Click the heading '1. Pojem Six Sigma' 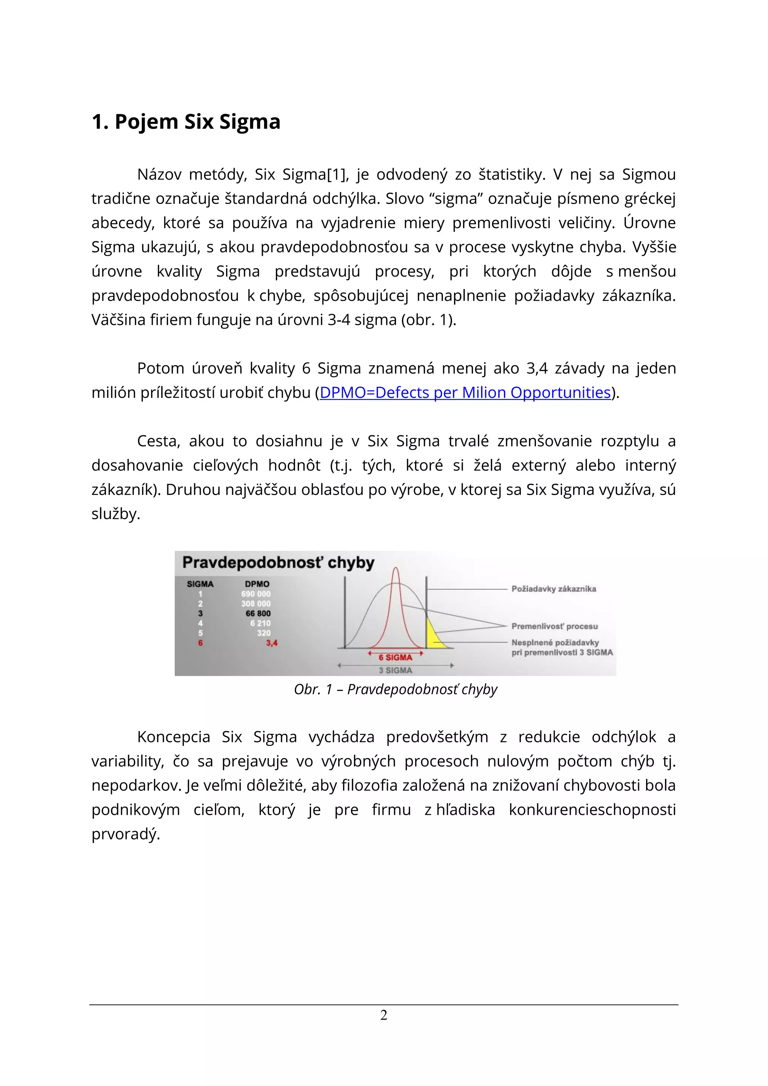[186, 121]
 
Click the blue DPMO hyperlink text [465, 393]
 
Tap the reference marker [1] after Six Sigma [337, 174]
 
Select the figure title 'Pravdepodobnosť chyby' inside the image [278, 562]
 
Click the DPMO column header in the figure [257, 584]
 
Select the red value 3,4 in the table [271, 643]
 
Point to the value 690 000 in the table [256, 594]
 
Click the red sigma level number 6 [201, 643]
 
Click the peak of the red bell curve [396, 569]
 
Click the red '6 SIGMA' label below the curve [395, 657]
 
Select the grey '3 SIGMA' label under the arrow [395, 670]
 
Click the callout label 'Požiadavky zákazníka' [553, 589]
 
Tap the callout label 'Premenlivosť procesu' [554, 626]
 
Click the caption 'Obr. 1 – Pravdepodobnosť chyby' [395, 689]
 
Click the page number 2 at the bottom [384, 1015]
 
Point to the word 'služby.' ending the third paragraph [116, 514]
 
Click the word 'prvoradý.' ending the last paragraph [126, 834]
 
